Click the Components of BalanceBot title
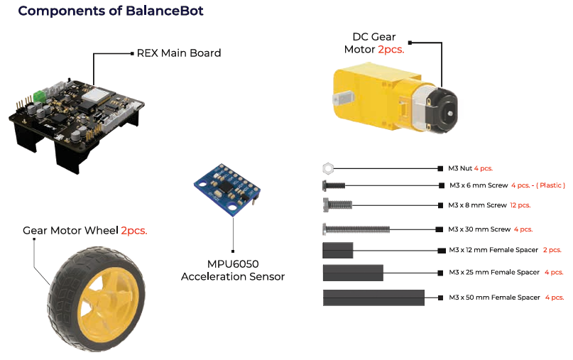pyautogui.click(x=110, y=11)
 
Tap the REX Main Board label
pyautogui.click(x=178, y=53)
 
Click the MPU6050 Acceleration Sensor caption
pyautogui.click(x=233, y=270)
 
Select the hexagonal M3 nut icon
pyautogui.click(x=327, y=168)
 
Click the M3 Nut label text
pyautogui.click(x=460, y=168)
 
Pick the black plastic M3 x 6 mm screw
pyautogui.click(x=333, y=185)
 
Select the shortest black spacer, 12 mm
pyautogui.click(x=338, y=249)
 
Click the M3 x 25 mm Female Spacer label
pyautogui.click(x=494, y=272)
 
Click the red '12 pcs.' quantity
pyautogui.click(x=520, y=205)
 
